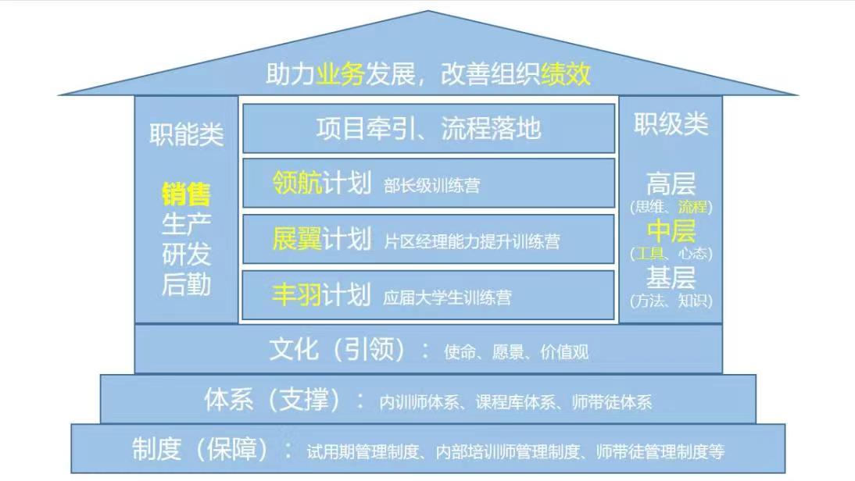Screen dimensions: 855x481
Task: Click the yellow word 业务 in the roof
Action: pyautogui.click(x=340, y=73)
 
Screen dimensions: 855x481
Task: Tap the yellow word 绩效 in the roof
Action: pyautogui.click(x=566, y=73)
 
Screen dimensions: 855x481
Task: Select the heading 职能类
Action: pyautogui.click(x=187, y=134)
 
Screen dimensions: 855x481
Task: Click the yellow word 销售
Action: pyautogui.click(x=187, y=194)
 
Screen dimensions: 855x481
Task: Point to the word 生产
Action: pyautogui.click(x=187, y=224)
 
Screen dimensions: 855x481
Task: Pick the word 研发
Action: pyautogui.click(x=187, y=254)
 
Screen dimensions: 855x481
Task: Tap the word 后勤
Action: pyautogui.click(x=187, y=283)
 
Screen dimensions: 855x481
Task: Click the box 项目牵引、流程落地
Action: pyautogui.click(x=428, y=129)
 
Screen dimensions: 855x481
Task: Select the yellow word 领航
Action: pyautogui.click(x=297, y=183)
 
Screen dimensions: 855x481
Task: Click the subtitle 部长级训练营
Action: pyautogui.click(x=432, y=186)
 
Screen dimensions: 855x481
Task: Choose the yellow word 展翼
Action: pyautogui.click(x=297, y=239)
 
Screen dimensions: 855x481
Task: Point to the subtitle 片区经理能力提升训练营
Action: pyautogui.click(x=472, y=241)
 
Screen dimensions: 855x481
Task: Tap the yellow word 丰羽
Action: pyautogui.click(x=297, y=294)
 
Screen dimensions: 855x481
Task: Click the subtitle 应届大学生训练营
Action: pyautogui.click(x=448, y=298)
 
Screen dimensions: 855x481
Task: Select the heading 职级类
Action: pyautogui.click(x=671, y=124)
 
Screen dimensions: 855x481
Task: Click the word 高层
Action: pyautogui.click(x=671, y=183)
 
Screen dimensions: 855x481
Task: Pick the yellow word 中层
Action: pyautogui.click(x=671, y=231)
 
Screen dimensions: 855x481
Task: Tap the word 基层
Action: pyautogui.click(x=671, y=278)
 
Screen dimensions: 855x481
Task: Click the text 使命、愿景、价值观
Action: pyautogui.click(x=517, y=352)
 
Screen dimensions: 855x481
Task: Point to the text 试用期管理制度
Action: pyautogui.click(x=363, y=451)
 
